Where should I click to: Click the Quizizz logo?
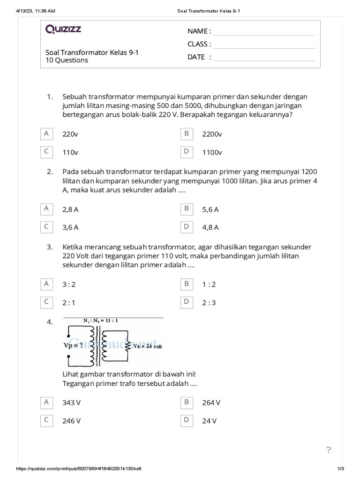click(63, 30)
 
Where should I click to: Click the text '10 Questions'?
click(67, 60)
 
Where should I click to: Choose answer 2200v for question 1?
click(212, 134)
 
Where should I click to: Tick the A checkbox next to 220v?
click(46, 134)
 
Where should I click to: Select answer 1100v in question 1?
click(212, 152)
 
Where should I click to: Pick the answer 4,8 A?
click(210, 227)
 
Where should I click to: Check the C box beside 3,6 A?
click(46, 227)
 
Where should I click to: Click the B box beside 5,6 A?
click(187, 209)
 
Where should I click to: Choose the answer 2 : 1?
click(69, 303)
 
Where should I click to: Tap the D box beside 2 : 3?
click(187, 302)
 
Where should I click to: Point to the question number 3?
click(49, 247)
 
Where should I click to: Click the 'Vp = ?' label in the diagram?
click(74, 345)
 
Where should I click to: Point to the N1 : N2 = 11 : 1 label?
click(101, 321)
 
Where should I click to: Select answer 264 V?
click(211, 403)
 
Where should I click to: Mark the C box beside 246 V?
click(46, 420)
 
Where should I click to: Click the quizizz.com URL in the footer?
click(79, 469)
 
